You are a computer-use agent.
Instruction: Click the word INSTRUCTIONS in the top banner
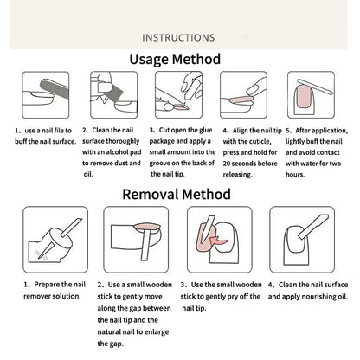[x=178, y=37]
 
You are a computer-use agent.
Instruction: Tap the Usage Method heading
[x=175, y=59]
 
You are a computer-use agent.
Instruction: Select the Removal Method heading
[x=177, y=194]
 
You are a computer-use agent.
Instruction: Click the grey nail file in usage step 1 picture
[x=55, y=88]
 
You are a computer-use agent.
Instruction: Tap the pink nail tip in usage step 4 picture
[x=239, y=100]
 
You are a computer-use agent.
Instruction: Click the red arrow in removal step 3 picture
[x=218, y=240]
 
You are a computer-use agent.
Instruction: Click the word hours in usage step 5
[x=295, y=175]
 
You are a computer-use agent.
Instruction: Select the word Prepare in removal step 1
[x=47, y=285]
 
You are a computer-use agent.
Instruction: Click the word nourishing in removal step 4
[x=315, y=297]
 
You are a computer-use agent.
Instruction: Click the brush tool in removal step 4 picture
[x=313, y=227]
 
